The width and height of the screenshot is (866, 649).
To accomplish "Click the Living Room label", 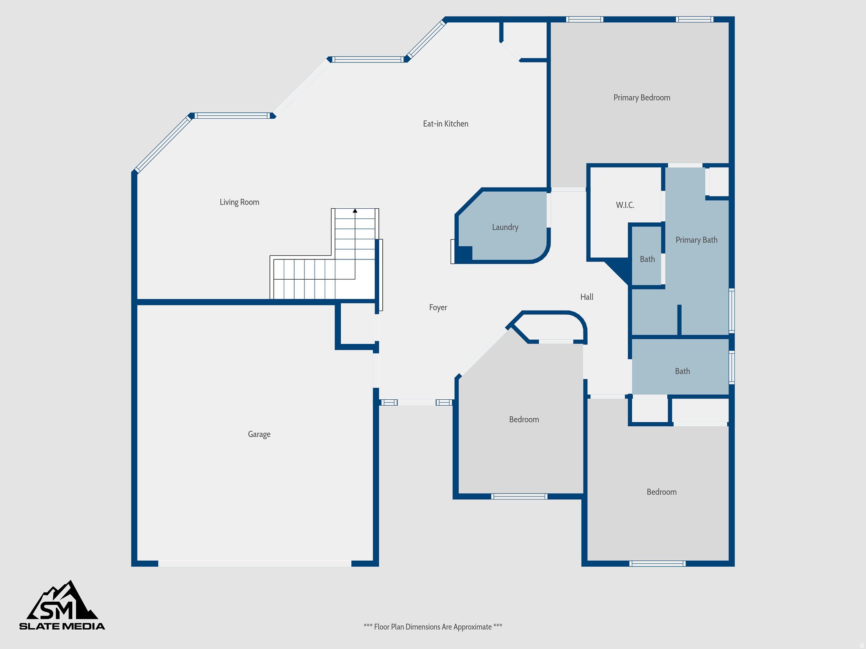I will click(x=239, y=202).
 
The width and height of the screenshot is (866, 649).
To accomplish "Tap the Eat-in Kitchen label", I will click(x=445, y=124).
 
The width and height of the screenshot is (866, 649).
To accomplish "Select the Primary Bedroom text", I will click(x=641, y=98).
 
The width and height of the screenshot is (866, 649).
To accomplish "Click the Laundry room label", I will click(x=505, y=227).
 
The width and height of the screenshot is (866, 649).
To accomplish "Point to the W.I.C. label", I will click(x=625, y=205).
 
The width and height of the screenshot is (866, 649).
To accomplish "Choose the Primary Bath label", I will click(x=696, y=240).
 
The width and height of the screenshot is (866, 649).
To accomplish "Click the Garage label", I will click(x=259, y=434).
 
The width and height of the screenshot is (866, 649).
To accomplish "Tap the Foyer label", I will click(x=438, y=308).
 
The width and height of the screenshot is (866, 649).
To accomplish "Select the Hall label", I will click(x=586, y=297).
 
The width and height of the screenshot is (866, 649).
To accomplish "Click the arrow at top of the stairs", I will click(x=355, y=210).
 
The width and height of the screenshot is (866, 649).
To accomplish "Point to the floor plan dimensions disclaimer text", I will click(x=433, y=627).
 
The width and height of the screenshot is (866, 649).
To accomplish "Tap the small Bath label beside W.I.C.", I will click(x=647, y=259).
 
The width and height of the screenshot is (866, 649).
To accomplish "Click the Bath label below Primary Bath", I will click(x=682, y=371).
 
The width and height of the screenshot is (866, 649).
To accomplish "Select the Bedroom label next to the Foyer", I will click(x=524, y=420).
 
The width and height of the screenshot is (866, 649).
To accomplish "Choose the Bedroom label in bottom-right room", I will click(x=661, y=492).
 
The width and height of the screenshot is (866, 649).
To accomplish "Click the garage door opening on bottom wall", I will click(x=255, y=564).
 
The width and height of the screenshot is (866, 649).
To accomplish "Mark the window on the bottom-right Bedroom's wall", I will click(x=657, y=563).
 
